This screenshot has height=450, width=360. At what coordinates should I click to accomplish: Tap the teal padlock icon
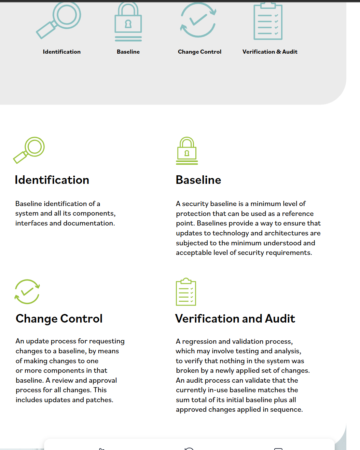128,22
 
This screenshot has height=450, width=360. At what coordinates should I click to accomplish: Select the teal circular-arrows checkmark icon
198,20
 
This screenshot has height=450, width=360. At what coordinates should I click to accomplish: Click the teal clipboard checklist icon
268,21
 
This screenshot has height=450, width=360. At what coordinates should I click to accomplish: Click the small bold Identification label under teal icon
62,52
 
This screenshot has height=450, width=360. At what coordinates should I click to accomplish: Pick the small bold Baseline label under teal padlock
128,52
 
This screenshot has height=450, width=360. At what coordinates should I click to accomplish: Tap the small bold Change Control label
199,52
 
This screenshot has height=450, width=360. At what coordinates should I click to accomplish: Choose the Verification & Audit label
270,52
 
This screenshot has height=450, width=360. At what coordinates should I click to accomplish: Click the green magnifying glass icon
29,150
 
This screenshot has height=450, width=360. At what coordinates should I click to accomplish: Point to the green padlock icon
187,151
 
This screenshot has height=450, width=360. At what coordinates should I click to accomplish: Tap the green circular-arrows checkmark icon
27,291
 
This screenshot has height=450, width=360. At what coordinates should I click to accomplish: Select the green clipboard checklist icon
186,292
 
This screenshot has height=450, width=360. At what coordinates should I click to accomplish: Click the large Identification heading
52,180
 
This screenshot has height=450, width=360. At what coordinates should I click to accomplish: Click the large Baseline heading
198,180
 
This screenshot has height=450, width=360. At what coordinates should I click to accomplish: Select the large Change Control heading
59,319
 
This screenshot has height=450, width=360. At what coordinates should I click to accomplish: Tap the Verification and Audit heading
235,319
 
